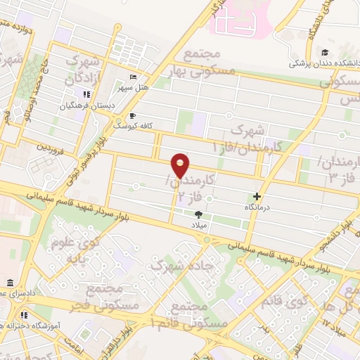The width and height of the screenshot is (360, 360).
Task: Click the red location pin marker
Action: point(181,166)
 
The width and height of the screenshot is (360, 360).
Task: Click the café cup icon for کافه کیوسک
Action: point(131,116)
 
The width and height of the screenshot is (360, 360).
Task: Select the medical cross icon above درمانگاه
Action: point(257,197)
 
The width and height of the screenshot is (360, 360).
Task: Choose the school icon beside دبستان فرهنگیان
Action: point(86,94)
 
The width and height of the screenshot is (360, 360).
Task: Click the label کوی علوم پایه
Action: point(76,250)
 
